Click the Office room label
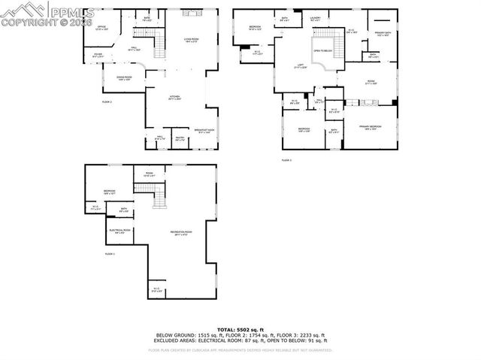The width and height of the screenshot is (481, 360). pos(101,28)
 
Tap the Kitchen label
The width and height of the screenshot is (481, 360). pos(174,98)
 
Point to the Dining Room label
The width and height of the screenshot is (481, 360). pos(124,78)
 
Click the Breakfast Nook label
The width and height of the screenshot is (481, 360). pos(203,132)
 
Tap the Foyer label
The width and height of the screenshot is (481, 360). pos(98,55)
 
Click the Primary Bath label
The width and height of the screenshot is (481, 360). pos(381,34)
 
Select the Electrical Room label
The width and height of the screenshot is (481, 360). pos(119,231)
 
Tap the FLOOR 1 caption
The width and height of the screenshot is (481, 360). pos(110,254)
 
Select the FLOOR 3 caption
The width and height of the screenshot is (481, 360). pos(286,160)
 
